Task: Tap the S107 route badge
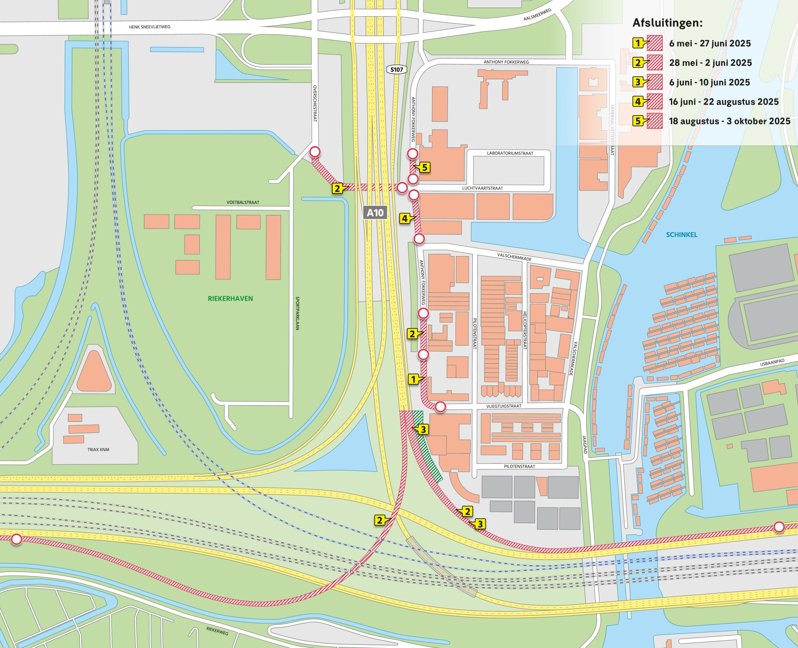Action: [x=397, y=70]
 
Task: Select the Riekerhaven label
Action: [x=230, y=298]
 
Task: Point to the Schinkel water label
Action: [x=681, y=235]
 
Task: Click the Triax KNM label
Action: [x=98, y=449]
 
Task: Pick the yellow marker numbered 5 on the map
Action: [x=424, y=168]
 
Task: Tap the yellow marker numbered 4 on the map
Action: [x=405, y=218]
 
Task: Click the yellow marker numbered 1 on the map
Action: [x=413, y=380]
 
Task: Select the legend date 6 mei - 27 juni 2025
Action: [x=709, y=43]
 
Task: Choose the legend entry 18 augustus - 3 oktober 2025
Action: [x=729, y=121]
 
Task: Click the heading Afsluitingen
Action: [x=667, y=23]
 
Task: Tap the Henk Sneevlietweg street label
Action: [x=149, y=27]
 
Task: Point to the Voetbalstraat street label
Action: [x=243, y=202]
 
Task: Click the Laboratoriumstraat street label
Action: [x=510, y=153]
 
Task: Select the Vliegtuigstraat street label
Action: [x=503, y=406]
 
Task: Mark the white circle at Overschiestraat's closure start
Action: [x=315, y=151]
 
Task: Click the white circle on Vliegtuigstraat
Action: [x=440, y=407]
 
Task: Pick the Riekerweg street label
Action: [x=217, y=631]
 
